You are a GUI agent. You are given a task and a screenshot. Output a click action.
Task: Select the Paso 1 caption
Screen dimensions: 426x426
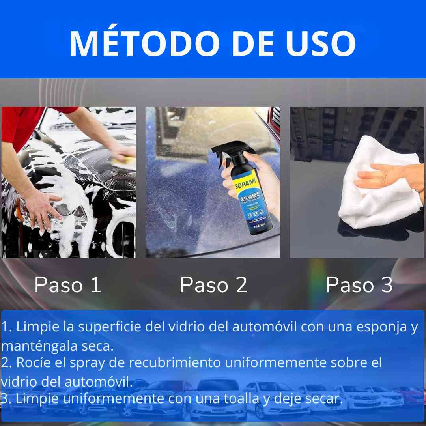point(68,285)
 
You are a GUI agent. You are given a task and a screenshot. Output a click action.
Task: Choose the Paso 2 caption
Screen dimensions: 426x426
point(213,285)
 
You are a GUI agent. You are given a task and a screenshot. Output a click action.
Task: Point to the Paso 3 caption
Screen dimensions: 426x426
point(359,285)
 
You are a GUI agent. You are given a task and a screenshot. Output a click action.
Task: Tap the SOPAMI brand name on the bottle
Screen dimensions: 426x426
point(235,186)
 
